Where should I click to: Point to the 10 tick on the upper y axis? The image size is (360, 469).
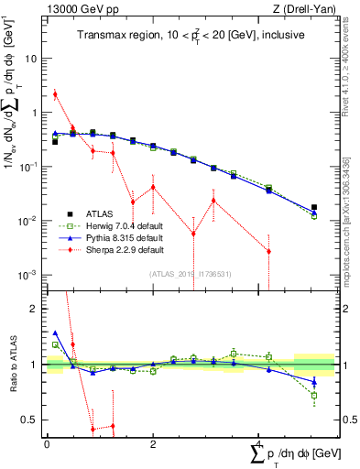pyautogui.click(x=31, y=58)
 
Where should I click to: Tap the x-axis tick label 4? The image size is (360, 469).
pyautogui.click(x=258, y=443)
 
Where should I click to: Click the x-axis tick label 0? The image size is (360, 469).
pyautogui.click(x=47, y=443)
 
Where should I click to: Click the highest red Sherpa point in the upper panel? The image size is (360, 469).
pyautogui.click(x=55, y=93)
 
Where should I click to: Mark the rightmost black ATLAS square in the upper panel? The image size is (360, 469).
pyautogui.click(x=314, y=208)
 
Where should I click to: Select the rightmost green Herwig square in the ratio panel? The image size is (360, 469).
pyautogui.click(x=314, y=396)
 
